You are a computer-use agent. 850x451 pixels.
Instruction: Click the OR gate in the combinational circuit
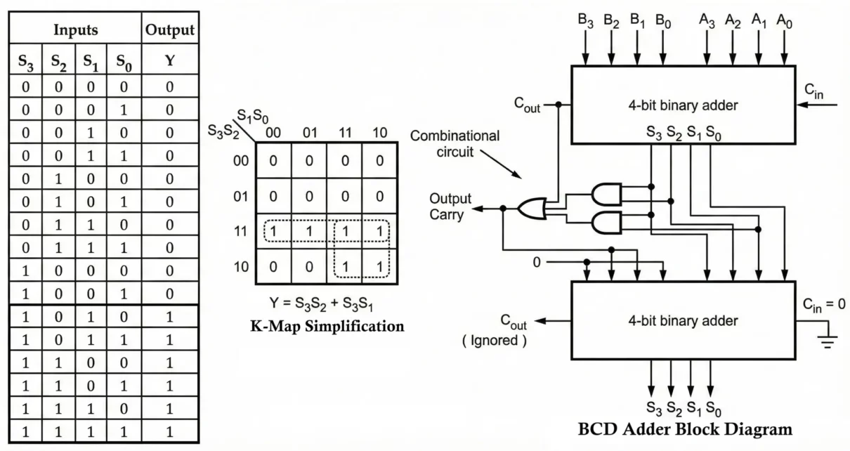point(530,208)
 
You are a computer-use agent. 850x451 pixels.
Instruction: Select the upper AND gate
point(606,192)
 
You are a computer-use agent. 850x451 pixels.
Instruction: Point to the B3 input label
point(586,20)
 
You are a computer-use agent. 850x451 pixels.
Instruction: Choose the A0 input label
point(784,20)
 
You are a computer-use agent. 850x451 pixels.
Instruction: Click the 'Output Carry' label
point(450,207)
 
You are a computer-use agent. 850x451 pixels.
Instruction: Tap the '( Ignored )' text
point(494,341)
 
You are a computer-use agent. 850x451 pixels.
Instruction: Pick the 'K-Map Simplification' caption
point(327,326)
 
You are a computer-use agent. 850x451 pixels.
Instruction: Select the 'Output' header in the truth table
point(169,31)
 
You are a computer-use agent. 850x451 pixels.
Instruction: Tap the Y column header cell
point(169,61)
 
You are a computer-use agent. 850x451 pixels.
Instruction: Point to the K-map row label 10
point(240,268)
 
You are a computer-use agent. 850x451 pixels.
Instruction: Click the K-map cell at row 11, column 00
point(273,231)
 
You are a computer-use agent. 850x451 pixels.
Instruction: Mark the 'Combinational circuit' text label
point(455,143)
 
